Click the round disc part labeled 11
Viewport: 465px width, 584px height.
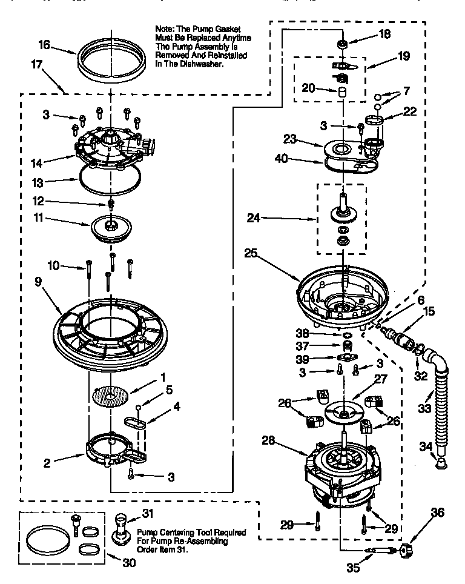point(111,227)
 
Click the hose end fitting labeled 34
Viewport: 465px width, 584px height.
point(440,463)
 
